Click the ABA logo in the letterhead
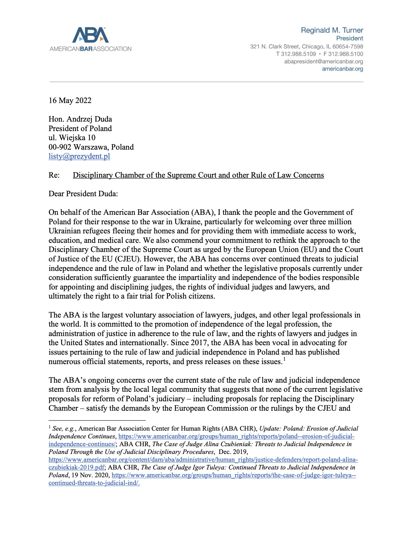[90, 35]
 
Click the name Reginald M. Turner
[332, 30]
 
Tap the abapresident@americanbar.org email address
[323, 61]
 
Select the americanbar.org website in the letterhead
[342, 69]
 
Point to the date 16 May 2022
[70, 100]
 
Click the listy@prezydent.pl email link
[79, 156]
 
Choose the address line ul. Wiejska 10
[72, 137]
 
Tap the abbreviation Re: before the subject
[54, 175]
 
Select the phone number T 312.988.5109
[296, 54]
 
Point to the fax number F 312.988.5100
[343, 54]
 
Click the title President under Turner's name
[350, 38]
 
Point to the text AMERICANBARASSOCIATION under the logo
[90, 49]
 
